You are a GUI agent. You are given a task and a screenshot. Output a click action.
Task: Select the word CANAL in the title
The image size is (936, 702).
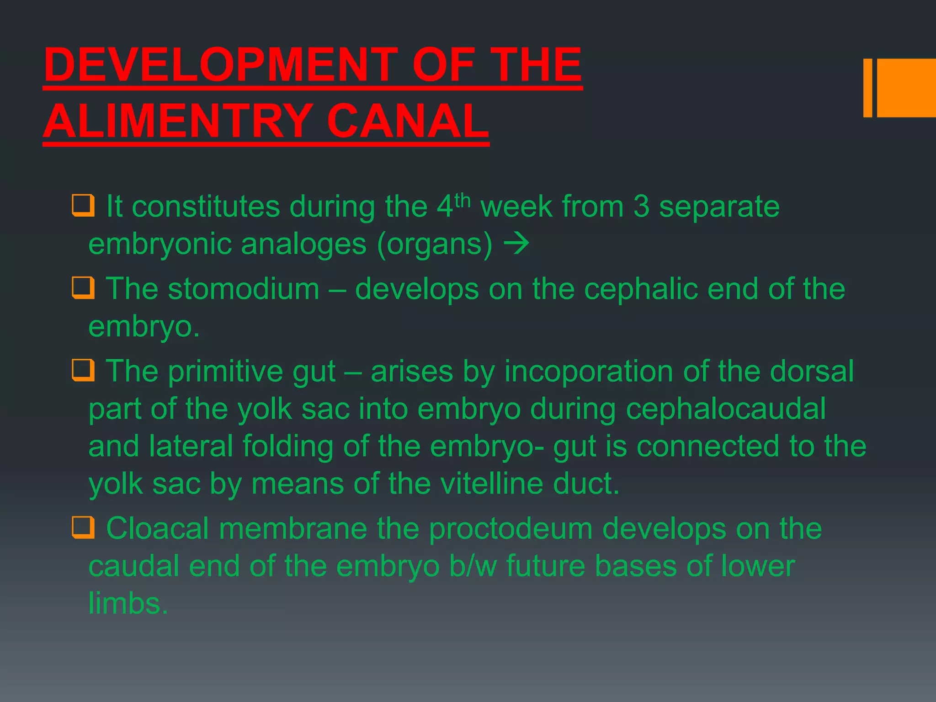point(408,122)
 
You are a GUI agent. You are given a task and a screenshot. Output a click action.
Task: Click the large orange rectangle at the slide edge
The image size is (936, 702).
point(906,88)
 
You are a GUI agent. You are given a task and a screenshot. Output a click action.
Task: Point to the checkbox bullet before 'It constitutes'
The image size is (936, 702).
point(83,206)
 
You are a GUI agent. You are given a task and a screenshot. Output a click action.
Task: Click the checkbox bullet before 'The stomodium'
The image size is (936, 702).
point(83,288)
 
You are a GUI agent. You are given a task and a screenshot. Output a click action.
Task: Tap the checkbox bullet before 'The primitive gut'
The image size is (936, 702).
point(83,370)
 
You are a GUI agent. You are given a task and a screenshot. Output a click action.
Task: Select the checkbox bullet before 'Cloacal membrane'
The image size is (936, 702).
point(83,528)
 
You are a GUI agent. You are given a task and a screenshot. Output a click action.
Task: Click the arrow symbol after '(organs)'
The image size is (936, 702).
point(516,244)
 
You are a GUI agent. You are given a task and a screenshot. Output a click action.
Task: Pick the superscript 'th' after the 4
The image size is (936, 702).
point(463,200)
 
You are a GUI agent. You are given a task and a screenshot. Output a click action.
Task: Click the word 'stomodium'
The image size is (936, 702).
point(244,289)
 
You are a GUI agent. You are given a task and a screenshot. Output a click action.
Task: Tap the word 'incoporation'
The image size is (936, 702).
point(589,371)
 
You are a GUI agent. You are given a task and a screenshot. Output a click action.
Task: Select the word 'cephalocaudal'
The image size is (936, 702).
point(726,409)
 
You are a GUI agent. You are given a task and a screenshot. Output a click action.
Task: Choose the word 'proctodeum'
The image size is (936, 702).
point(511,529)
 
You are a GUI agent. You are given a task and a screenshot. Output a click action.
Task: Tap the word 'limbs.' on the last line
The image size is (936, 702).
point(128,604)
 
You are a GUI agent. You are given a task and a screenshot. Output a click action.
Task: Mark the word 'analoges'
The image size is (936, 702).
point(303,244)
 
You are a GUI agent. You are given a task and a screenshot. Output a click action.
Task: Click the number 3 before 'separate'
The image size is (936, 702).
point(641,207)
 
